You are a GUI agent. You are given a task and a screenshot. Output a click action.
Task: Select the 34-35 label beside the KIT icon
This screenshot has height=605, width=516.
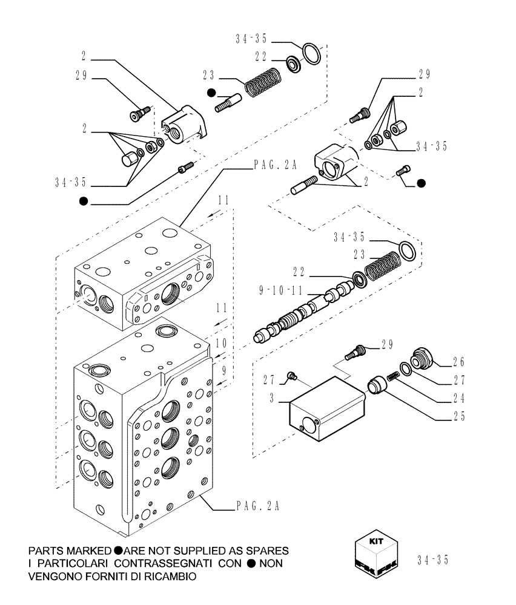click(x=433, y=560)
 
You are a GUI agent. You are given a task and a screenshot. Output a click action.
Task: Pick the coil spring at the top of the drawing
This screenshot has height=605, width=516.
click(x=261, y=80)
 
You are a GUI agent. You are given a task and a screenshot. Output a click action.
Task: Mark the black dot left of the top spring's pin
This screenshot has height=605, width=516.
click(x=211, y=93)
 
